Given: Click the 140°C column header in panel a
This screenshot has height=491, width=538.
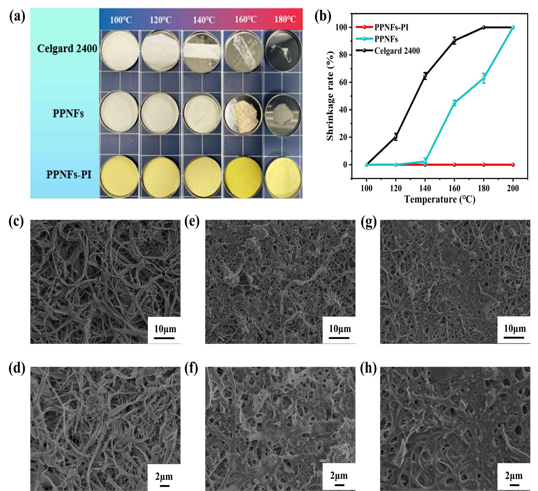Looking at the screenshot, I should tap(204, 20).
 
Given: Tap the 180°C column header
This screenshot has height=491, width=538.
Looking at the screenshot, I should tap(285, 19).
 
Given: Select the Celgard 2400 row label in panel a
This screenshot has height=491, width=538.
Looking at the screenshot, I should tap(67, 48).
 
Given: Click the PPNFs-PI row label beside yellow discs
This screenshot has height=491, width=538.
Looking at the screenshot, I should tap(69, 175).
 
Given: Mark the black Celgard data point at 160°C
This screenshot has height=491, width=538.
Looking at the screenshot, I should tap(454, 41).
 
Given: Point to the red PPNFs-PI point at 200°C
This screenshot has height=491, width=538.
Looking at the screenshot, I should tap(513, 165).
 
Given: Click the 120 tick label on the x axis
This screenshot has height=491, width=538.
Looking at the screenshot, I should tap(396, 188).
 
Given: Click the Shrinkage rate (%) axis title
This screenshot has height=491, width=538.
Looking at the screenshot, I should tap(330, 96).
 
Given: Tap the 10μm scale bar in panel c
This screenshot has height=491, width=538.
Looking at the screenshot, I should tap(164, 338).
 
